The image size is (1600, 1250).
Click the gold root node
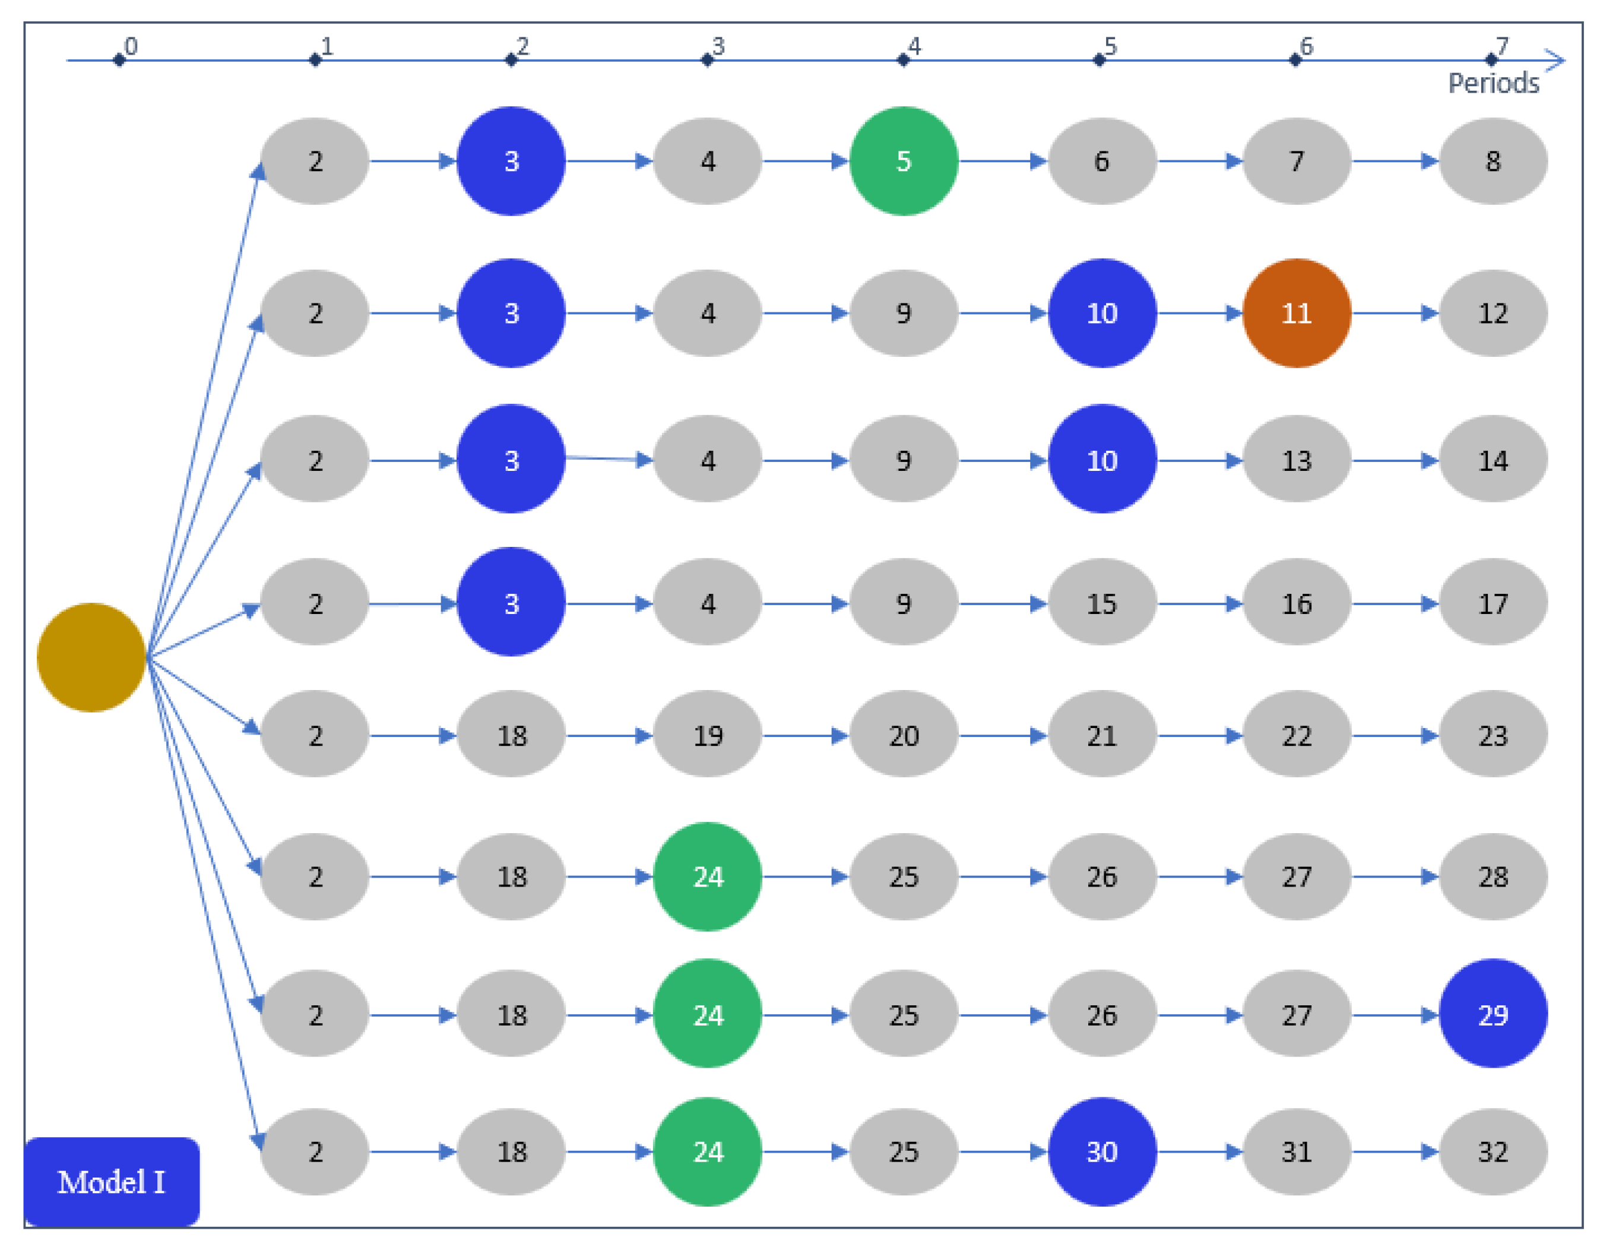91,657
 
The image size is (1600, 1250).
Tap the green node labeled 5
903,161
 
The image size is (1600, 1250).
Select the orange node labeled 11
1296,313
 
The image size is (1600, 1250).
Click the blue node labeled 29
1493,1014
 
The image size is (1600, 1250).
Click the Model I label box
112,1181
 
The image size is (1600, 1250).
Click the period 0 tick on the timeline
119,60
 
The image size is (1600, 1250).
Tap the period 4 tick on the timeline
903,60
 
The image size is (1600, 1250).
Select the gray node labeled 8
1493,161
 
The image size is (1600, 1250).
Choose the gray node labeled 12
1493,313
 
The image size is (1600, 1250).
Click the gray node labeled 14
1493,460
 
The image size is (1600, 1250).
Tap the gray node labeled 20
903,735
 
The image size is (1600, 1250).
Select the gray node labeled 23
1493,735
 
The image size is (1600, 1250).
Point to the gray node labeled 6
1101,161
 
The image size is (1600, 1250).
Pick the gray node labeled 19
708,735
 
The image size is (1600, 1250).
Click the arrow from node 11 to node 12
1394,313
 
